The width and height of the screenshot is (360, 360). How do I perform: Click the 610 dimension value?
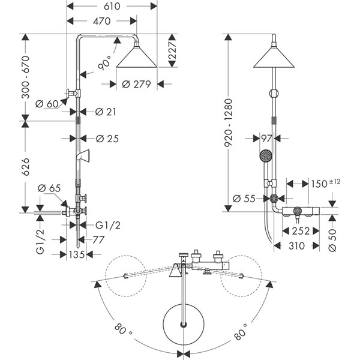coord(112,6)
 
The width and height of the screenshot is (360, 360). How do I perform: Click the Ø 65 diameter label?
coord(49,188)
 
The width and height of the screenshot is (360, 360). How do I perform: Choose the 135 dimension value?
coord(76,254)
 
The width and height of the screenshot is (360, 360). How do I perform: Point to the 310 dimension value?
coord(296,245)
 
